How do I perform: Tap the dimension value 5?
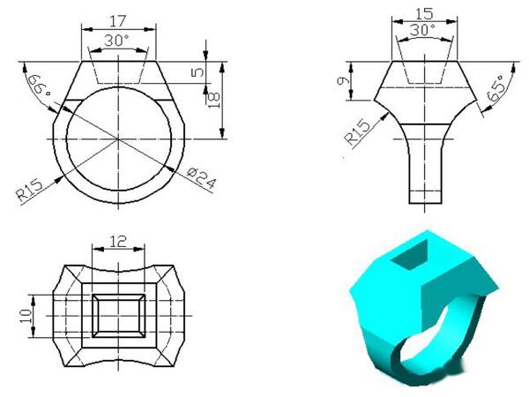(197, 71)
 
